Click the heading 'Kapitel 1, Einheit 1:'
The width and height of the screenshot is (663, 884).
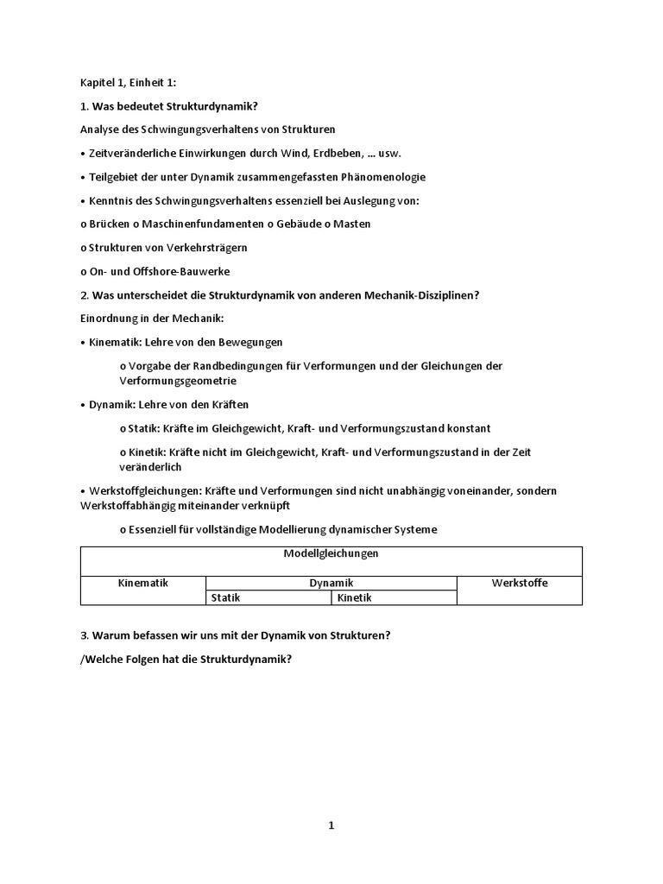[x=127, y=82]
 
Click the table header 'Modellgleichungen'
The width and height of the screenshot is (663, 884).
[x=331, y=553]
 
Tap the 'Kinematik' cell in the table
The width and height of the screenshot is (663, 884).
[x=142, y=583]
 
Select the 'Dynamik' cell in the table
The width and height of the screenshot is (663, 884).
[x=331, y=583]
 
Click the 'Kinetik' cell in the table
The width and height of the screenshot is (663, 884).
[x=355, y=597]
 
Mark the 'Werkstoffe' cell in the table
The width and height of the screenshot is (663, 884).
[x=519, y=583]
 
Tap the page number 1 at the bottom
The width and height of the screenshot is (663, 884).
[x=331, y=825]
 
